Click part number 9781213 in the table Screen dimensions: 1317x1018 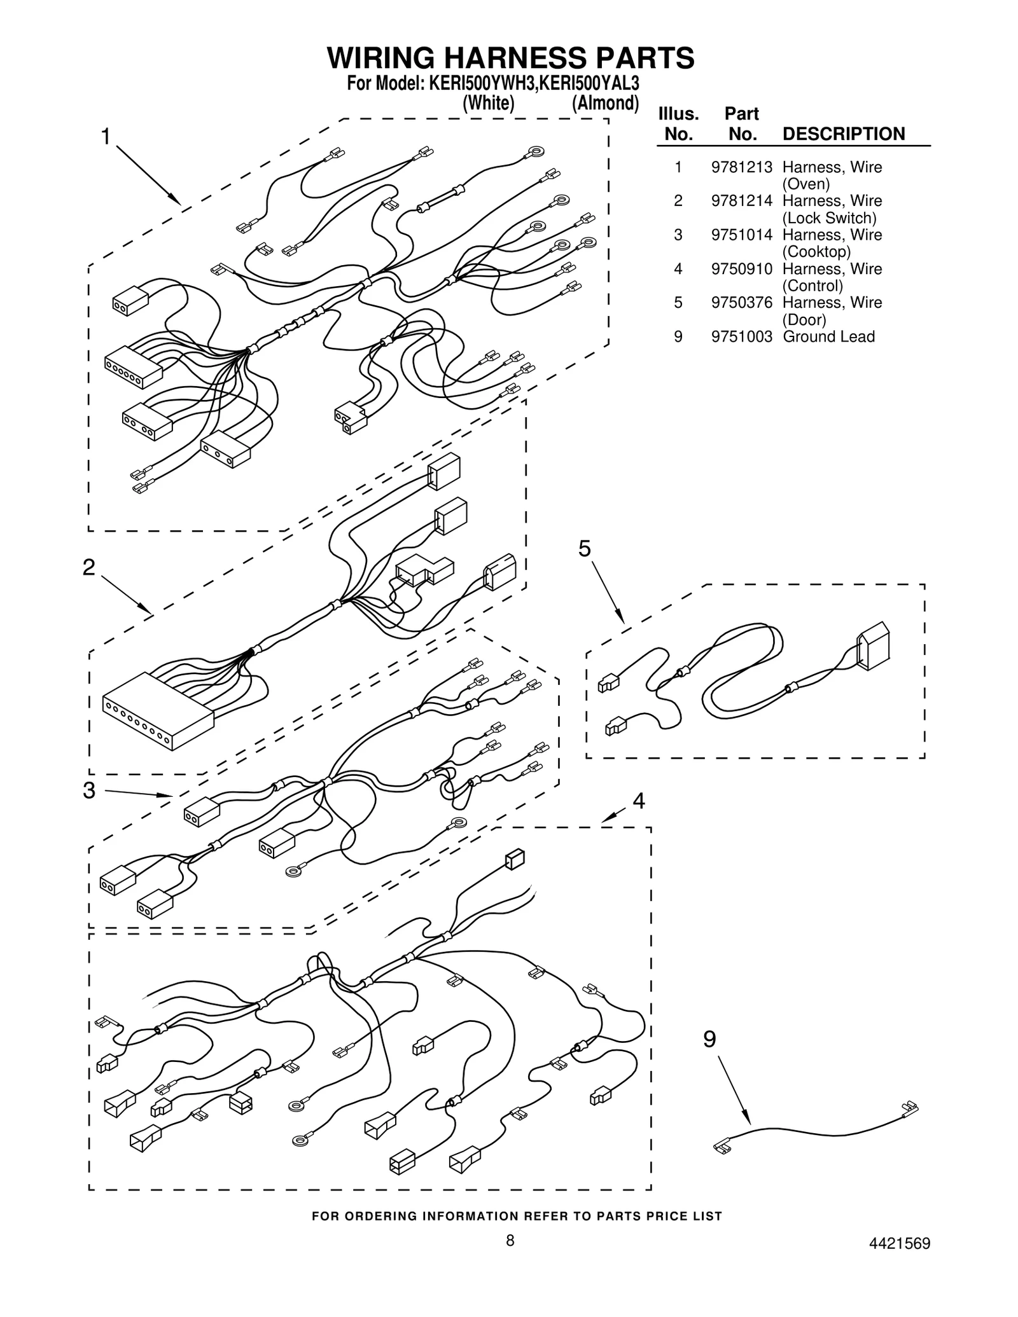tap(741, 167)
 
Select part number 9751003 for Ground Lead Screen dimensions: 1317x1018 tap(741, 336)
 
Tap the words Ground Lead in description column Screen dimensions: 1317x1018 tap(828, 336)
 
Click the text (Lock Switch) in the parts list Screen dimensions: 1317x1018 tap(829, 218)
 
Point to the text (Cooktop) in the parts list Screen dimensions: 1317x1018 tap(816, 252)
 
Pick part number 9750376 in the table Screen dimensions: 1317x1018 tap(741, 303)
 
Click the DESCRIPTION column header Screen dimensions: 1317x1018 tap(843, 134)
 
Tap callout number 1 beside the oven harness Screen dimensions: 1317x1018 tap(106, 136)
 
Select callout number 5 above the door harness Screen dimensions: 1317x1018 tap(584, 548)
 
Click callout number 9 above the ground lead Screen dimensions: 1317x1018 tap(709, 1040)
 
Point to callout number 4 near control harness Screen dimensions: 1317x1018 tap(638, 801)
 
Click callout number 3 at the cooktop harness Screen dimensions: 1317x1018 tap(89, 790)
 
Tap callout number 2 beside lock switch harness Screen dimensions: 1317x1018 tap(89, 567)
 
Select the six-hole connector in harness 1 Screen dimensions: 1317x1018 tap(133, 368)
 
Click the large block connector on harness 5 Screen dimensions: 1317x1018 tap(873, 646)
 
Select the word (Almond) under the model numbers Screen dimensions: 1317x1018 tap(604, 103)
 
